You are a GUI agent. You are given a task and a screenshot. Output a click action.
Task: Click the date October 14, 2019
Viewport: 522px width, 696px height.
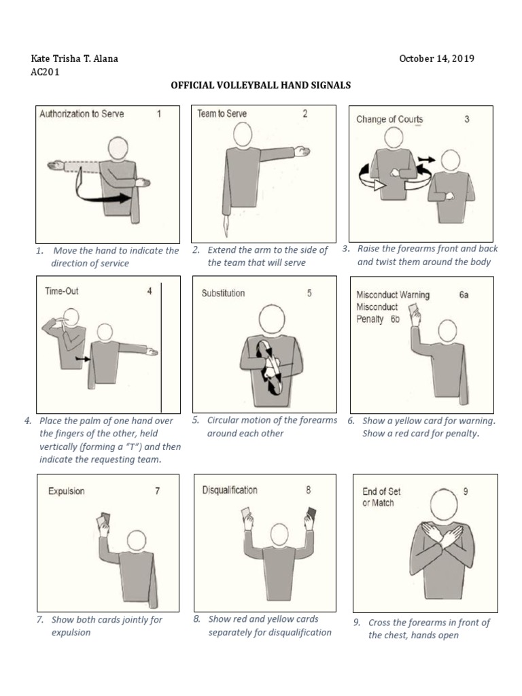click(436, 58)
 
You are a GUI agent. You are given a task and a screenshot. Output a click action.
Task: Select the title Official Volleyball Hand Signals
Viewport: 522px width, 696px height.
click(260, 86)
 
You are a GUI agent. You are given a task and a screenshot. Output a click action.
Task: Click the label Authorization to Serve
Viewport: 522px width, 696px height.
click(82, 114)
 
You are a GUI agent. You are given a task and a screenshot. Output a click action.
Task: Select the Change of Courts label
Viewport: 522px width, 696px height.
click(389, 120)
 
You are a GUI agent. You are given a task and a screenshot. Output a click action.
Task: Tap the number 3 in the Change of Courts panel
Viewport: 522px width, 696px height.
click(467, 120)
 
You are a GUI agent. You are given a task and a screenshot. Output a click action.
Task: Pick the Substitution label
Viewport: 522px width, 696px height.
click(223, 294)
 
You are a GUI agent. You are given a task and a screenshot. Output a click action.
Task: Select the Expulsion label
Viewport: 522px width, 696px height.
click(66, 491)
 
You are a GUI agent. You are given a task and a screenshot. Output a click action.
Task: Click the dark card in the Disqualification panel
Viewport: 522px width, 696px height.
click(313, 513)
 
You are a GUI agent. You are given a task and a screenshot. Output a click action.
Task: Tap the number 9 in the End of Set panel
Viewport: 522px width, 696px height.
click(466, 491)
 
